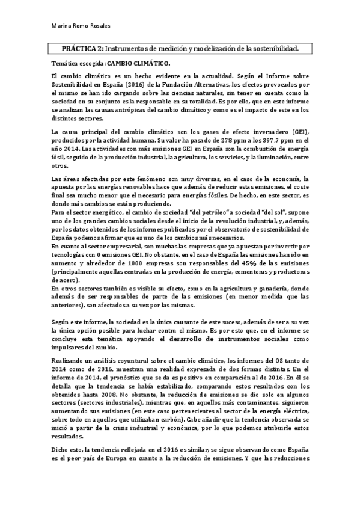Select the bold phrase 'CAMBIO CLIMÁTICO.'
138,63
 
